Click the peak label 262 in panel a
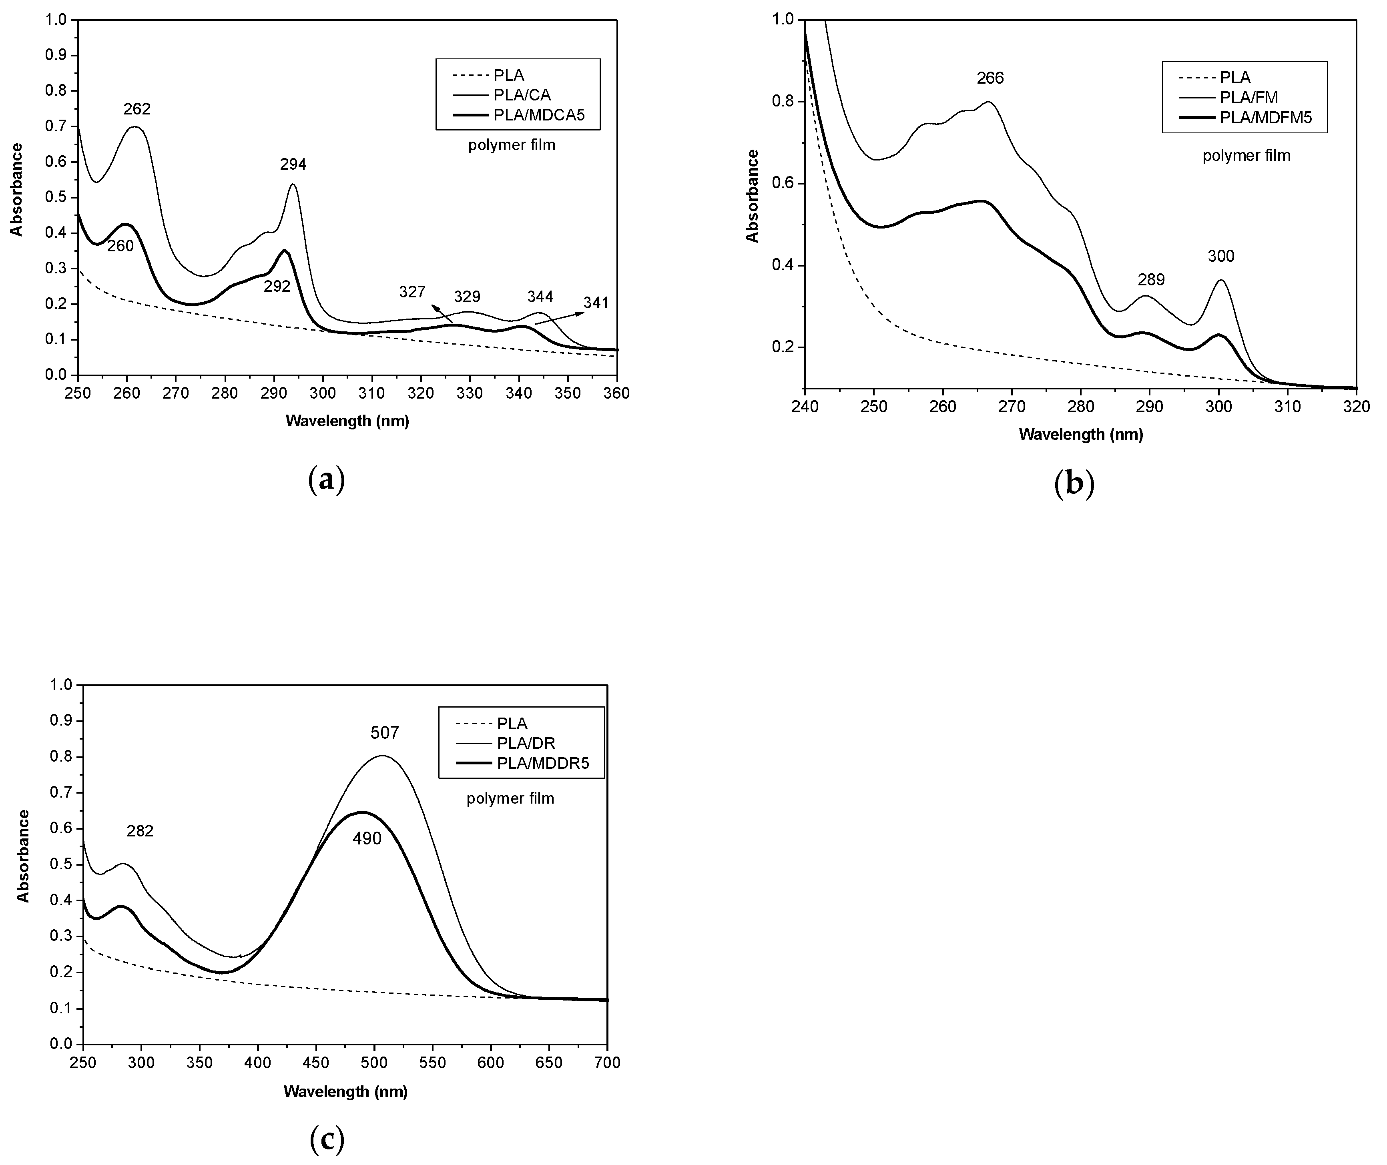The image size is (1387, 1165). [x=137, y=109]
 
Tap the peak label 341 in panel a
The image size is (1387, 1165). [x=596, y=303]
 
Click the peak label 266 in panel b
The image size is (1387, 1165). [x=990, y=78]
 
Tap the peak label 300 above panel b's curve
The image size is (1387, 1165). [x=1220, y=256]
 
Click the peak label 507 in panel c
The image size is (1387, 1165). [x=384, y=732]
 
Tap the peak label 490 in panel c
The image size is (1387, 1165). [x=367, y=839]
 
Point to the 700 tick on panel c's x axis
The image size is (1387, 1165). [x=607, y=1063]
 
